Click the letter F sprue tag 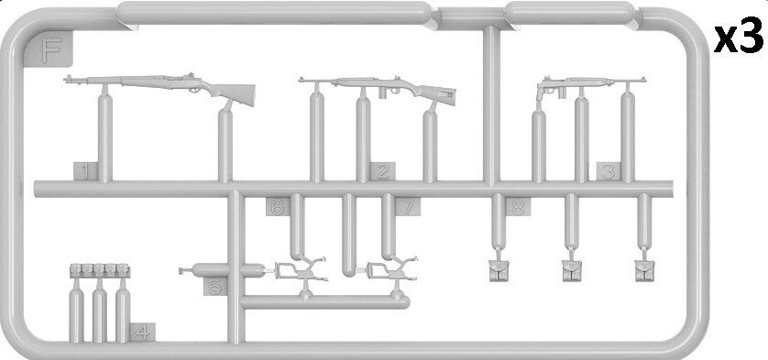[x=48, y=49]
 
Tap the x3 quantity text [x=738, y=38]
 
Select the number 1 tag [x=86, y=171]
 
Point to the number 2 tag [x=382, y=171]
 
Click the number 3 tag [x=609, y=171]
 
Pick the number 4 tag [x=143, y=333]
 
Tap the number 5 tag [x=215, y=287]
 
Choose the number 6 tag [x=278, y=207]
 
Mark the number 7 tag [x=408, y=207]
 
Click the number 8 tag [x=518, y=207]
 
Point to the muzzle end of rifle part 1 [x=66, y=78]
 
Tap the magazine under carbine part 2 [x=382, y=93]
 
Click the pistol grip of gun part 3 [x=540, y=93]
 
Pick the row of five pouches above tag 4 [x=100, y=271]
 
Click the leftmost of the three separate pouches [x=499, y=271]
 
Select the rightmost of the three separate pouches [x=644, y=271]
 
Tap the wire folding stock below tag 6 [x=299, y=270]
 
